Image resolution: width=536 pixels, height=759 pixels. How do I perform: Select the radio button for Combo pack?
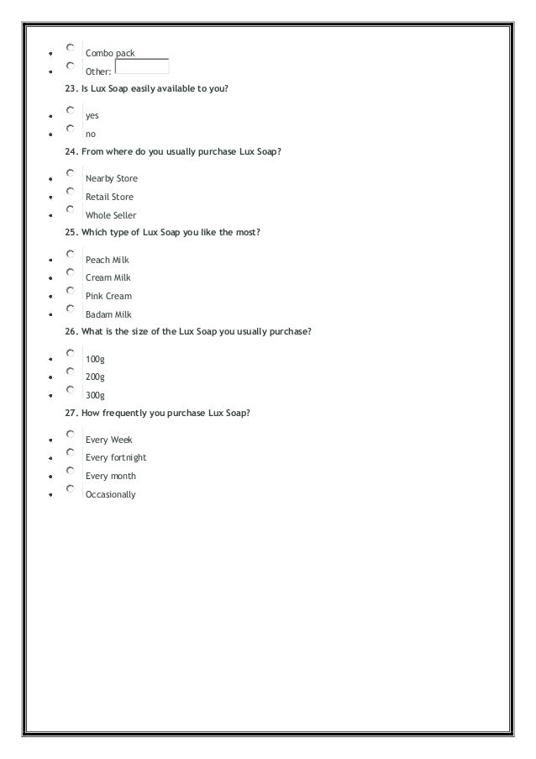71,48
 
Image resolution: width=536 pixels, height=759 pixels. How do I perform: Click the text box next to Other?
142,66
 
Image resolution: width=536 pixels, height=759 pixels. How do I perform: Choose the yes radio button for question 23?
71,110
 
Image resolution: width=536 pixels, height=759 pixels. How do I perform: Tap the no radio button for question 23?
71,129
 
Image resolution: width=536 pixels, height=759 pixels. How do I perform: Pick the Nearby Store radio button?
71,173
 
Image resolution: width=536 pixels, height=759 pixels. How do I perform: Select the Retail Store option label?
109,198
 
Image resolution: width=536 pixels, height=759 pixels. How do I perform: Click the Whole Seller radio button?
71,210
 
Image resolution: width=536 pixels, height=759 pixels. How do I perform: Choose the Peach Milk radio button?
71,254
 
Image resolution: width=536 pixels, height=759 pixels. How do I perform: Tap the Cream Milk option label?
108,278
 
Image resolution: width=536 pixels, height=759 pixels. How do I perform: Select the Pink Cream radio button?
71,291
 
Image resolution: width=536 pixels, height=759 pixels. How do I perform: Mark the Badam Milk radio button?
71,309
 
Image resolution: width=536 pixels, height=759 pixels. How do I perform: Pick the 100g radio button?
71,354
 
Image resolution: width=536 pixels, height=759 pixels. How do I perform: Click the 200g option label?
95,377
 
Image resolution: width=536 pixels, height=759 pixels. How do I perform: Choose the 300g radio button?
71,390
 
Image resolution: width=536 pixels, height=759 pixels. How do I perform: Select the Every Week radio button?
71,435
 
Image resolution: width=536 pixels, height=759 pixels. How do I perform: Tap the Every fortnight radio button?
71,452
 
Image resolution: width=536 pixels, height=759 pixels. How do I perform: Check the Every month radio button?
71,471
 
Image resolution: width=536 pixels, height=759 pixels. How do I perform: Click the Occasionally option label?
110,495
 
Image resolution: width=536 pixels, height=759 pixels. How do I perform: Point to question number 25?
71,233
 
